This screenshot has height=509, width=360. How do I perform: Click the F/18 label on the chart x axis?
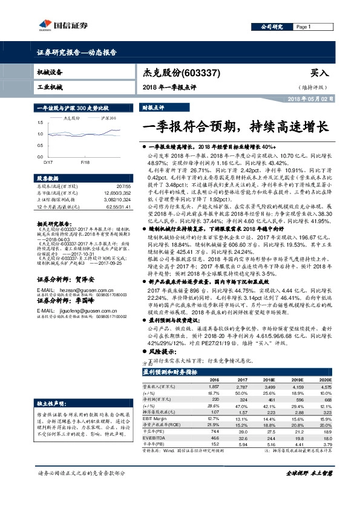[x=85, y=163]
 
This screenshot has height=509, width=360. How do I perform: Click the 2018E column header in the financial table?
[x=269, y=380]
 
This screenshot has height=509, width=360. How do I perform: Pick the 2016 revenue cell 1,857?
[x=213, y=386]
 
